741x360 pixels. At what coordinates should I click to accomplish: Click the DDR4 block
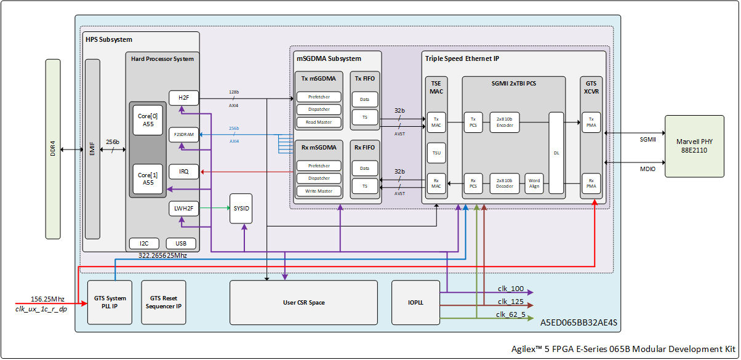pos(53,149)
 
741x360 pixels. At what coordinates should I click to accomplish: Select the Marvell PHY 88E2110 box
pos(694,146)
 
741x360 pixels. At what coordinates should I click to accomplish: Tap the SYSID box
pos(241,209)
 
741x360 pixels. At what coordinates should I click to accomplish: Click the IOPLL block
pos(415,302)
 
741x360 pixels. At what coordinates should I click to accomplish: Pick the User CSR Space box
pos(303,302)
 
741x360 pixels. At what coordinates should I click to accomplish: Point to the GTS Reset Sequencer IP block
pos(164,302)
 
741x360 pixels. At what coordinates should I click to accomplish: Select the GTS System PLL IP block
pos(110,302)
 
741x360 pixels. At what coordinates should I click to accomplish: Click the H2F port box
pos(183,98)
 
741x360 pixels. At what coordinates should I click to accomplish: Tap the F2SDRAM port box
pos(183,135)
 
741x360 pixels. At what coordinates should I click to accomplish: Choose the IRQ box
pos(183,172)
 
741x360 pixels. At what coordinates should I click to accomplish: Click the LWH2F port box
pos(183,209)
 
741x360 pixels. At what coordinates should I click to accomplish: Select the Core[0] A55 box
pos(148,120)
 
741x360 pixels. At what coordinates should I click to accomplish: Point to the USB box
pos(181,244)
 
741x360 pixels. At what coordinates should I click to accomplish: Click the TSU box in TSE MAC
pos(436,153)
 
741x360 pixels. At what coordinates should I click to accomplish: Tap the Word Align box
pos(534,183)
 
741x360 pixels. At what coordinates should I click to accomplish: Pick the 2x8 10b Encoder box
pos(505,122)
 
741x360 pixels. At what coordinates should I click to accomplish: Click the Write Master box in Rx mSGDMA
pos(319,191)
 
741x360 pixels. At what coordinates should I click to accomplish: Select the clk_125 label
pos(511,302)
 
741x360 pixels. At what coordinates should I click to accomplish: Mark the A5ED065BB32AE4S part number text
pos(579,322)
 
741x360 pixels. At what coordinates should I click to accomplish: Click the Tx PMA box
pos(591,122)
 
